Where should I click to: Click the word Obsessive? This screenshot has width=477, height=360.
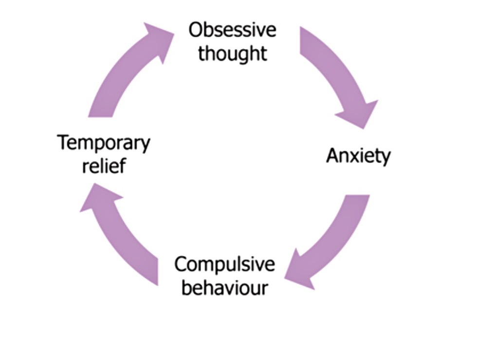point(232,30)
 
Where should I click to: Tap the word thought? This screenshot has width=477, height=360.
point(232,53)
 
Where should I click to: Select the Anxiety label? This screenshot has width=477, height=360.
point(358,156)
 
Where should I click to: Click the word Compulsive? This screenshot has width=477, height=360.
point(224,265)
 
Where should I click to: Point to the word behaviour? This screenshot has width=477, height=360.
point(224,288)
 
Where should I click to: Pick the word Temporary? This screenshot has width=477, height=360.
point(104,144)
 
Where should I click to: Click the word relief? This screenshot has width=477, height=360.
point(104,167)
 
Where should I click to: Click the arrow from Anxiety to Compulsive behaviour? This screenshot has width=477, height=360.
point(336,239)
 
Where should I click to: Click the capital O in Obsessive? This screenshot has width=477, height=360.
point(196,30)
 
